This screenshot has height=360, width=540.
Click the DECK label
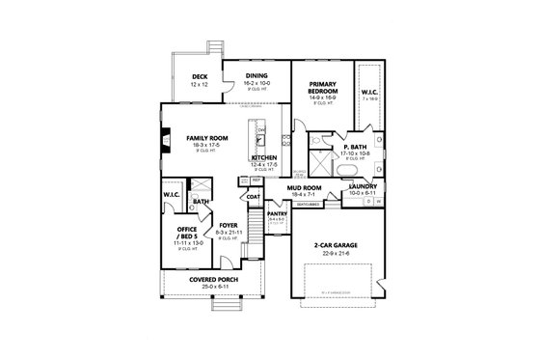coord(200,76)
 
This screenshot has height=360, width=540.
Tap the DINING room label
coord(256,75)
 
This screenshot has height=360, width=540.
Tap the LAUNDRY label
coord(364,187)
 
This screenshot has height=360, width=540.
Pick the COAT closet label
coord(253,197)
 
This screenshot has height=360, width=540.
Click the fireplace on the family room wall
coord(166,137)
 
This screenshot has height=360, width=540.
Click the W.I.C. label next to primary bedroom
coord(369,93)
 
